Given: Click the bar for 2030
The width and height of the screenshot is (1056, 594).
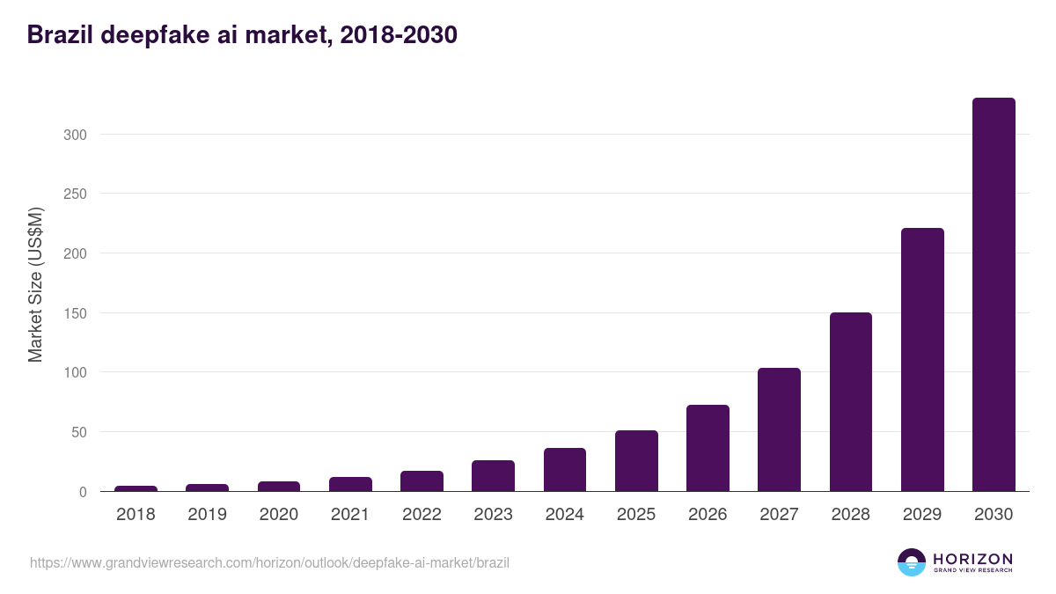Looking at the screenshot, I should tap(994, 295).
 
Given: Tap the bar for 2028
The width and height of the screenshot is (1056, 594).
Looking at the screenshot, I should tap(850, 402).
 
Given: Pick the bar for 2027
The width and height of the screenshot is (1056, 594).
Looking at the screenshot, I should tap(779, 429).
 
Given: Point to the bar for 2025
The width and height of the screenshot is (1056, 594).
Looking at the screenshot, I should tap(636, 461).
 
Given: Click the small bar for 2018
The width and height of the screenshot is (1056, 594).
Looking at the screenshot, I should tap(136, 488).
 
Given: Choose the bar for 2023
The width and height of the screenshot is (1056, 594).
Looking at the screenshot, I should tap(493, 476).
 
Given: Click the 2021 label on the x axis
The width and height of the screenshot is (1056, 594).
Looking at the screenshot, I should tap(349, 515).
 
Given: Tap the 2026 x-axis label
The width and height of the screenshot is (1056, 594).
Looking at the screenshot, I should tap(708, 515).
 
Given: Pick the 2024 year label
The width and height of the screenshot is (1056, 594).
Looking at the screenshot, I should tap(564, 515).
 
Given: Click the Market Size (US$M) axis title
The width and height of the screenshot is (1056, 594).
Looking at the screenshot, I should tap(35, 285).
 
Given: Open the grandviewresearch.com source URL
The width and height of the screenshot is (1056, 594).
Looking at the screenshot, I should tap(269, 562).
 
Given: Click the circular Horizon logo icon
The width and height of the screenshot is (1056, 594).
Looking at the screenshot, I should tap(912, 562).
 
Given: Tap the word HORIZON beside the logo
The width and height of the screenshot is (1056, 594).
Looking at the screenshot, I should tap(972, 558).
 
